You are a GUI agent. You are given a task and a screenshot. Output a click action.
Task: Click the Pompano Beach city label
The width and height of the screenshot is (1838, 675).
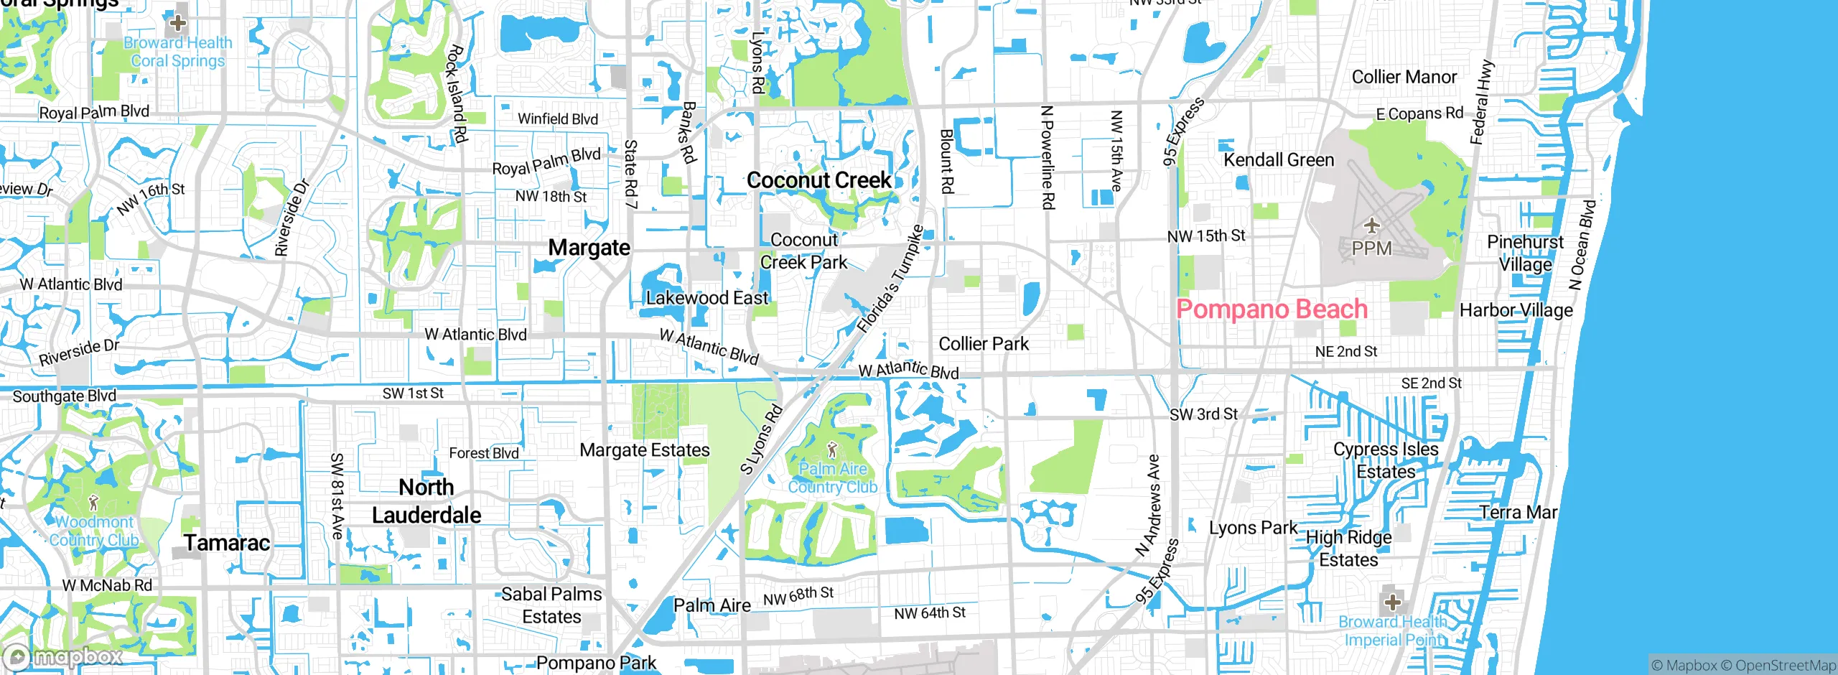click(1272, 309)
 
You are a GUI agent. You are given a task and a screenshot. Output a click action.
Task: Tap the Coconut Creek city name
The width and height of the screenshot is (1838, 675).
click(818, 180)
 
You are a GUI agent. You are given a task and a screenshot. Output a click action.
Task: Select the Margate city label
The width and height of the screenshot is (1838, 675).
click(589, 248)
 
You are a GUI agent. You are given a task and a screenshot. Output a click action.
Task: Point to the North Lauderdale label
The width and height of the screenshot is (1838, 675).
click(426, 501)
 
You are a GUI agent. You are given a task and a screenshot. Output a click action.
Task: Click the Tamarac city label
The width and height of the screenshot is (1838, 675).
click(227, 543)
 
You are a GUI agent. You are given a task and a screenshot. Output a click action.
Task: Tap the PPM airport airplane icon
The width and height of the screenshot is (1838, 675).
click(1372, 226)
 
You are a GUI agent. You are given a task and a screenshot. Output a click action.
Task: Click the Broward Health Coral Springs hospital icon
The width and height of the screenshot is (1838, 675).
click(177, 23)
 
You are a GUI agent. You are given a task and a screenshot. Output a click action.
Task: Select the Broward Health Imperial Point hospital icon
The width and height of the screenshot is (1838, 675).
click(1392, 602)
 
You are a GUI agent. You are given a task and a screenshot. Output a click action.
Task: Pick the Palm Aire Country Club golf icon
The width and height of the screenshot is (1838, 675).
click(832, 451)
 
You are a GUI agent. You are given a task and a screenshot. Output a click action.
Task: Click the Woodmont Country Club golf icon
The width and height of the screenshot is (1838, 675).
click(93, 503)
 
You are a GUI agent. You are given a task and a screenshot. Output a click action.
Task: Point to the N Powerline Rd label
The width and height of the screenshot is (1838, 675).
click(1048, 158)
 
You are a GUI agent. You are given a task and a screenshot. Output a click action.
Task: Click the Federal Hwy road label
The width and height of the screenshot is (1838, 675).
click(1482, 102)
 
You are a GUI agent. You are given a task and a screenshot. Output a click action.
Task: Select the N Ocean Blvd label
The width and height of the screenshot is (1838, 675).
click(1582, 245)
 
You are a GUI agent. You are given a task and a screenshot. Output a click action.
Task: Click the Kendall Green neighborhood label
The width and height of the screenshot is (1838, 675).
click(1279, 160)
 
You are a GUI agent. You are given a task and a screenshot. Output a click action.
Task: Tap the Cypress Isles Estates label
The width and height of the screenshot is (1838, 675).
click(1386, 460)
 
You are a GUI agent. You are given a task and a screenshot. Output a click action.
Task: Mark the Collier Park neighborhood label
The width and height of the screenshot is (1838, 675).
click(984, 344)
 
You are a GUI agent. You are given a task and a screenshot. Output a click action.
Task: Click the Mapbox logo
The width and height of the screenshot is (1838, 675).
click(62, 656)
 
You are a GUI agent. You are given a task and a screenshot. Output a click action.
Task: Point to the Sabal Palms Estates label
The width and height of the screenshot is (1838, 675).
click(551, 605)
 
